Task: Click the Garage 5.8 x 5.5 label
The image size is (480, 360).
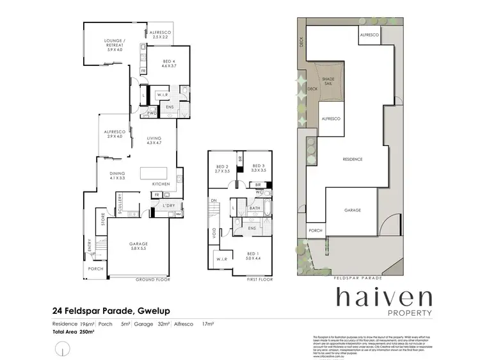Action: (139, 245)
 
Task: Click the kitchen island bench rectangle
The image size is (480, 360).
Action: (152, 172)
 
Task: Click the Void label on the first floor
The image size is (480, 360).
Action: (214, 234)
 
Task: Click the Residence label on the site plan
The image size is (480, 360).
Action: (353, 159)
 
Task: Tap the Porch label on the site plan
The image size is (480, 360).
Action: (314, 231)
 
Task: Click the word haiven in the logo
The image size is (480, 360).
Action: (384, 299)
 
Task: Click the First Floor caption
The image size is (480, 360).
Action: (259, 280)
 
